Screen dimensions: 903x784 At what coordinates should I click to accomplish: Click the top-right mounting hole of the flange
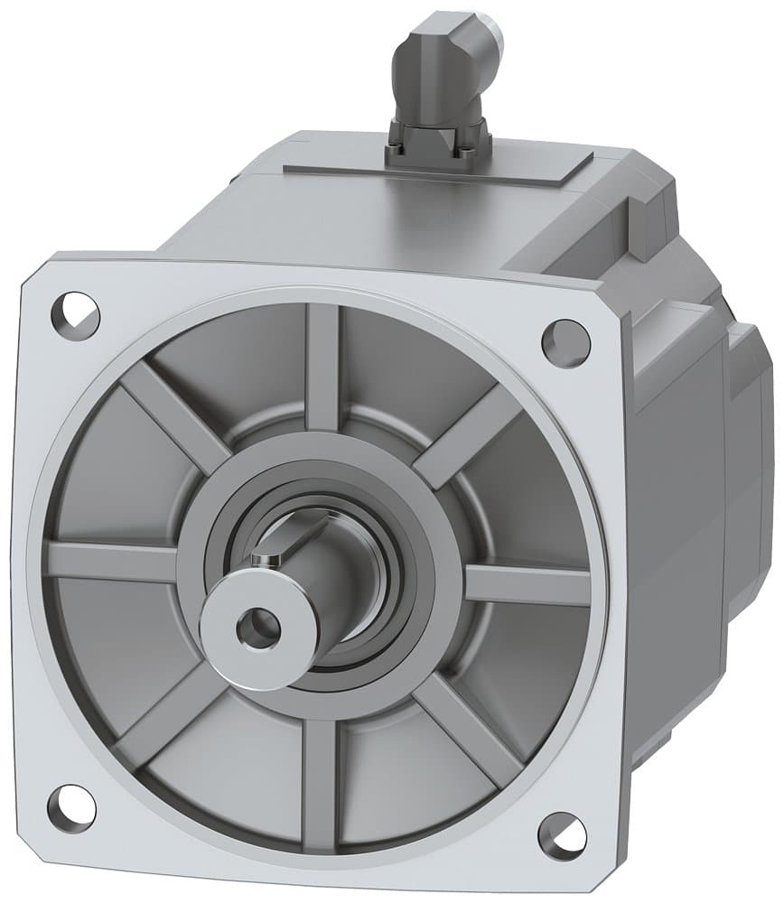tap(565, 343)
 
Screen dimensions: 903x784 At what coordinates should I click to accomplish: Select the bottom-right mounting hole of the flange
tap(562, 835)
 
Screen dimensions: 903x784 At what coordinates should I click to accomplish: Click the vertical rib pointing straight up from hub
tap(322, 366)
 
